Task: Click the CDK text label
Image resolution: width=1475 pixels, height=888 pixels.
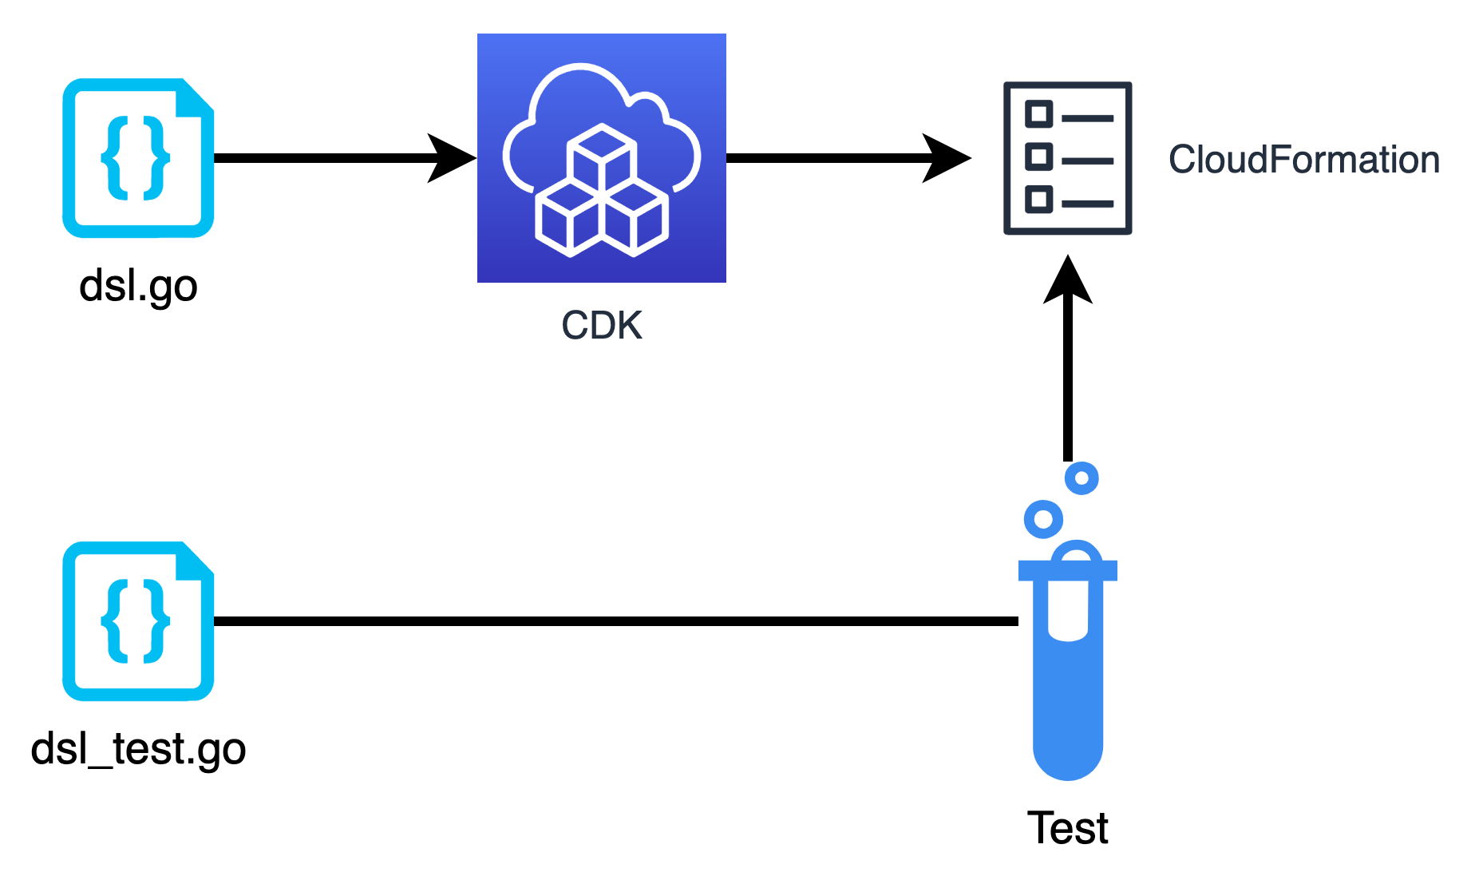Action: (x=602, y=325)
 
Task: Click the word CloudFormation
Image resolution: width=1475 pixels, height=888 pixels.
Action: (x=1304, y=160)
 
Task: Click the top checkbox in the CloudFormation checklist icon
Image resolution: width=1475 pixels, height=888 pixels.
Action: (x=1038, y=114)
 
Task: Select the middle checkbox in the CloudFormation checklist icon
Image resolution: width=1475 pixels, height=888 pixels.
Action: (x=1038, y=156)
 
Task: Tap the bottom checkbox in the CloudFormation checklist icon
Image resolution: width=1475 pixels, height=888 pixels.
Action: (x=1038, y=198)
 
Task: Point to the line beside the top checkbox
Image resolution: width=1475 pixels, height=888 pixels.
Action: (x=1087, y=118)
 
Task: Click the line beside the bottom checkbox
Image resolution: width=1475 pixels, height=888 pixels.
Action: (x=1087, y=204)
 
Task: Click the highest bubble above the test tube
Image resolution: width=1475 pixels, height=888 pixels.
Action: (x=1082, y=478)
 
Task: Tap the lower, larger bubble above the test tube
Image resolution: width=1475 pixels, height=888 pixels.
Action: (x=1043, y=519)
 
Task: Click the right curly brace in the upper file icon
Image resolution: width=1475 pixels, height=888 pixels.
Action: (x=156, y=157)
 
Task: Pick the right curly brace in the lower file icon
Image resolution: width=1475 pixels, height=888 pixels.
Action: (x=156, y=620)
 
